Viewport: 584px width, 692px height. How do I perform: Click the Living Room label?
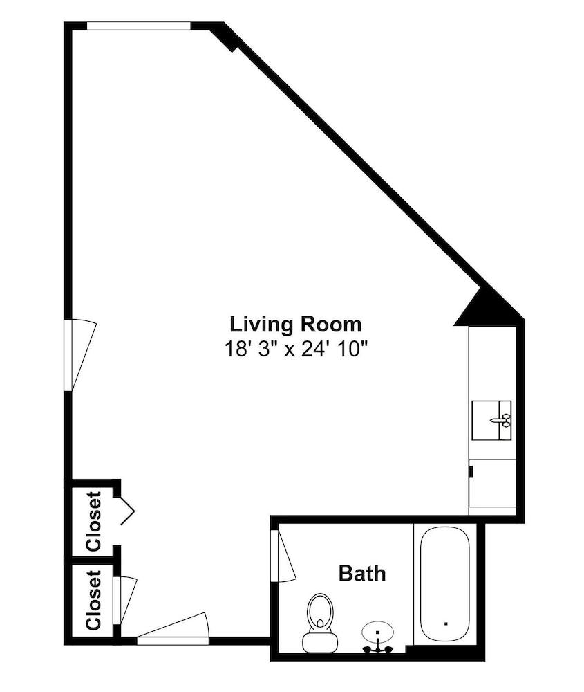click(295, 325)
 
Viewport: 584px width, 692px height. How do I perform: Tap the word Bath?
click(362, 573)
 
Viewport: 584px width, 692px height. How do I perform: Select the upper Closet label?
click(94, 521)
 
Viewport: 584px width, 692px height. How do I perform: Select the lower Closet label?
click(94, 600)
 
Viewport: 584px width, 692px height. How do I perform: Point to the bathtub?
click(444, 585)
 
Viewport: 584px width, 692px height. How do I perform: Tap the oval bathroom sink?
click(377, 632)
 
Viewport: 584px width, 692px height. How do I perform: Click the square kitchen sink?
click(491, 420)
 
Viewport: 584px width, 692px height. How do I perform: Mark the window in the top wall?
click(139, 26)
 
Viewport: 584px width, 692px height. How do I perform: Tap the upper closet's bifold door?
click(127, 511)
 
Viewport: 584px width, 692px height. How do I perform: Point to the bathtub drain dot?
click(446, 623)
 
